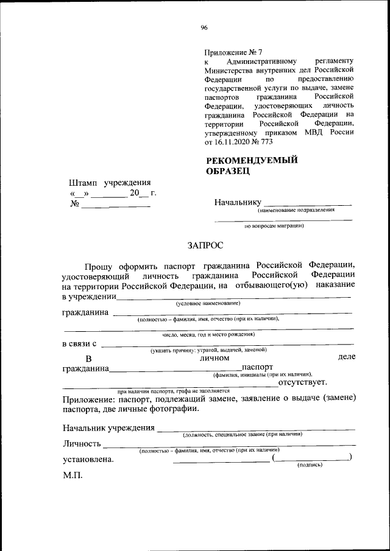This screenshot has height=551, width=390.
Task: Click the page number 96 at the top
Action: (204, 26)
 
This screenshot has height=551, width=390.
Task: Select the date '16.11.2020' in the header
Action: (232, 141)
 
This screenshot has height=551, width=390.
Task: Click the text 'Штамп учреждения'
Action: (110, 182)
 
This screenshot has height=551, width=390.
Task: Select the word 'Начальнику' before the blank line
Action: (238, 202)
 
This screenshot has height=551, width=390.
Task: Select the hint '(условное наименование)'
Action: (208, 303)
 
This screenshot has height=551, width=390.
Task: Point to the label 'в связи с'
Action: (79, 344)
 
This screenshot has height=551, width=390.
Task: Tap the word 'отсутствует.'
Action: (302, 382)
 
